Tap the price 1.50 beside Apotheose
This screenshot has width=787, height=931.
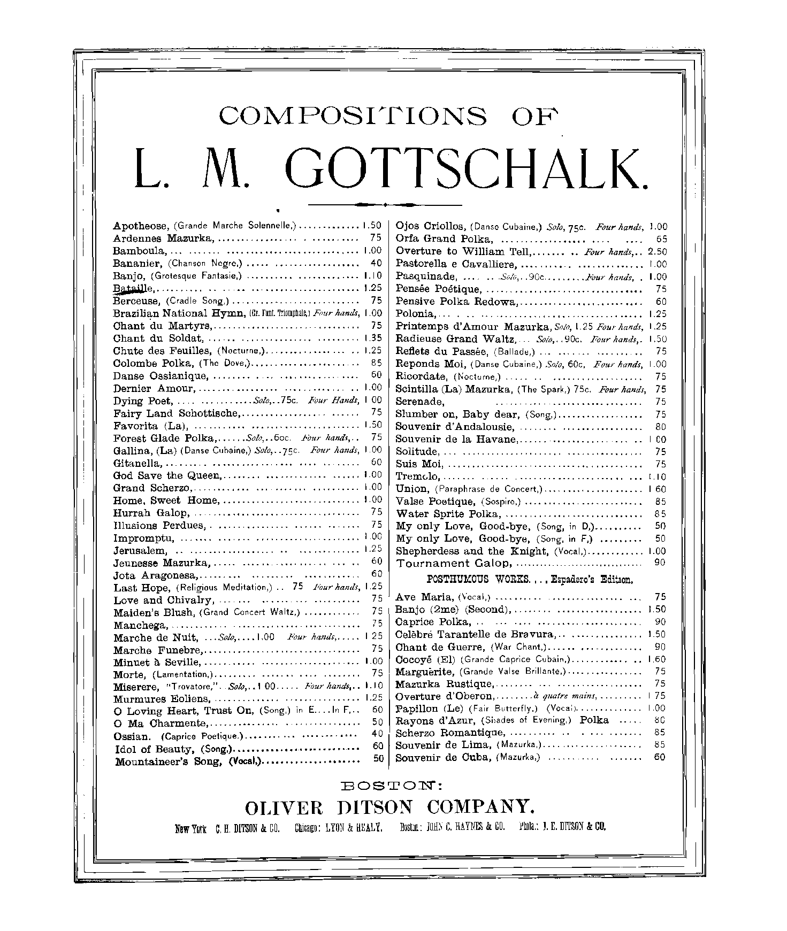(372, 226)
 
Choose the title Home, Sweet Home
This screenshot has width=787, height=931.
(166, 501)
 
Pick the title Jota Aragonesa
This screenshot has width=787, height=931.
(156, 575)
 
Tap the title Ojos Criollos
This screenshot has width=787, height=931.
(430, 226)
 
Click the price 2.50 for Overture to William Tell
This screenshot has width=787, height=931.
(657, 251)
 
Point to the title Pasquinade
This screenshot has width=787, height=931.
(426, 276)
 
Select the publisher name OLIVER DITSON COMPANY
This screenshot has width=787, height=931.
(389, 807)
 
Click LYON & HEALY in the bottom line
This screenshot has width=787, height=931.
(354, 828)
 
